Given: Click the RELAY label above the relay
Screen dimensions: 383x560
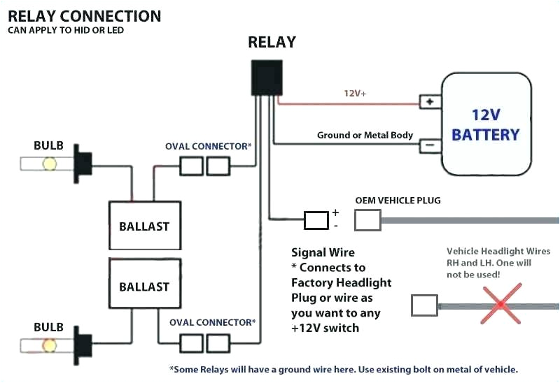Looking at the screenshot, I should click(x=272, y=42).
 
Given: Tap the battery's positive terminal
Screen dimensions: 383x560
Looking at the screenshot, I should click(x=429, y=101).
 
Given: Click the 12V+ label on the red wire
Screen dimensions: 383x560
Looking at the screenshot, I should click(x=355, y=93).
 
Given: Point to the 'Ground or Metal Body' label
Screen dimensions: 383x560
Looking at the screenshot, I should click(x=365, y=135).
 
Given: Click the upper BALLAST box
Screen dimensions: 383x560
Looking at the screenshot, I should click(x=143, y=226).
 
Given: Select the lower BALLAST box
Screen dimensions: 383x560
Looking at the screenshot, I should click(x=143, y=286).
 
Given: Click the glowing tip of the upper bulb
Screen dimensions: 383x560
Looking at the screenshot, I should click(x=50, y=164).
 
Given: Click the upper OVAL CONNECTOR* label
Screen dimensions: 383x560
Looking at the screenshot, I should click(x=208, y=146).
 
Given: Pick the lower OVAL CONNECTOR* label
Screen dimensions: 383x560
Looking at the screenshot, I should click(x=211, y=322).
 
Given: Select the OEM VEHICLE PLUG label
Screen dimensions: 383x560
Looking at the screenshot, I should click(x=398, y=201).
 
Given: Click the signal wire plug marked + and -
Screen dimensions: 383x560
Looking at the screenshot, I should click(x=316, y=220).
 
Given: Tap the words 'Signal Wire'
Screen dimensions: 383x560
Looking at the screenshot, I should click(x=323, y=252).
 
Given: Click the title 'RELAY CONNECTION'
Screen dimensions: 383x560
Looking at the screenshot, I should click(x=84, y=15).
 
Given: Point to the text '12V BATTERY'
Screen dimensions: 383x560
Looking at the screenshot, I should click(x=485, y=124).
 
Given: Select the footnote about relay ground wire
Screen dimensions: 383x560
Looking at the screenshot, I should click(x=343, y=369).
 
